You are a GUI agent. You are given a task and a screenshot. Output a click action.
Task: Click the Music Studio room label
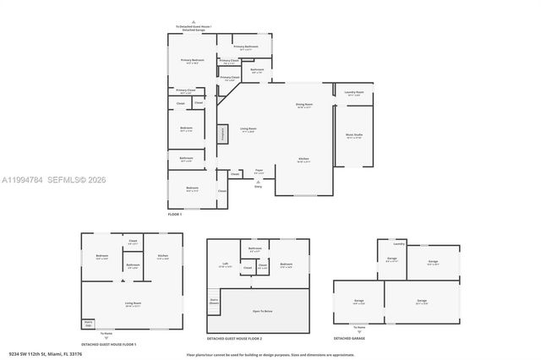pyautogui.click(x=353, y=135)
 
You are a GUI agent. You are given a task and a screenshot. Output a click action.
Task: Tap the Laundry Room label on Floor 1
pyautogui.click(x=354, y=93)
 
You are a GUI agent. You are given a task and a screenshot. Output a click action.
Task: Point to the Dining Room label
pyautogui.click(x=303, y=106)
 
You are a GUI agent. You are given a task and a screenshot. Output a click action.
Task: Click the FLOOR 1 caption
pyautogui.click(x=175, y=215)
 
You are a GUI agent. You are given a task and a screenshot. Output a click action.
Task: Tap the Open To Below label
pyautogui.click(x=263, y=311)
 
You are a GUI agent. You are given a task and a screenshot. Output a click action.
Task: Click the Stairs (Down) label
pyautogui.click(x=214, y=300)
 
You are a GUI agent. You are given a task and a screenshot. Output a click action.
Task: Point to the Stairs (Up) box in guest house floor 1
pyautogui.click(x=88, y=323)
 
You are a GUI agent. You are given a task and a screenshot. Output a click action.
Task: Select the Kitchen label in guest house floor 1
pyautogui.click(x=163, y=257)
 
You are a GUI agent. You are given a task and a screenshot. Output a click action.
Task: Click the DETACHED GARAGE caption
pyautogui.click(x=349, y=338)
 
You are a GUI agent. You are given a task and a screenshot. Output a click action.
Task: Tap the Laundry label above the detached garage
pyautogui.click(x=398, y=243)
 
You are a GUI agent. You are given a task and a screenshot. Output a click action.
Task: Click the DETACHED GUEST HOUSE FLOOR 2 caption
pyautogui.click(x=234, y=338)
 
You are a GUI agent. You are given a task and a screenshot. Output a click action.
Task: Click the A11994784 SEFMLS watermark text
pyautogui.click(x=52, y=179)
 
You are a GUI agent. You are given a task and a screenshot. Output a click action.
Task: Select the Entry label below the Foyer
pyautogui.click(x=258, y=186)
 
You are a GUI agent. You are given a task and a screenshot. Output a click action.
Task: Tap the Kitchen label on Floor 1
pyautogui.click(x=303, y=160)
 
